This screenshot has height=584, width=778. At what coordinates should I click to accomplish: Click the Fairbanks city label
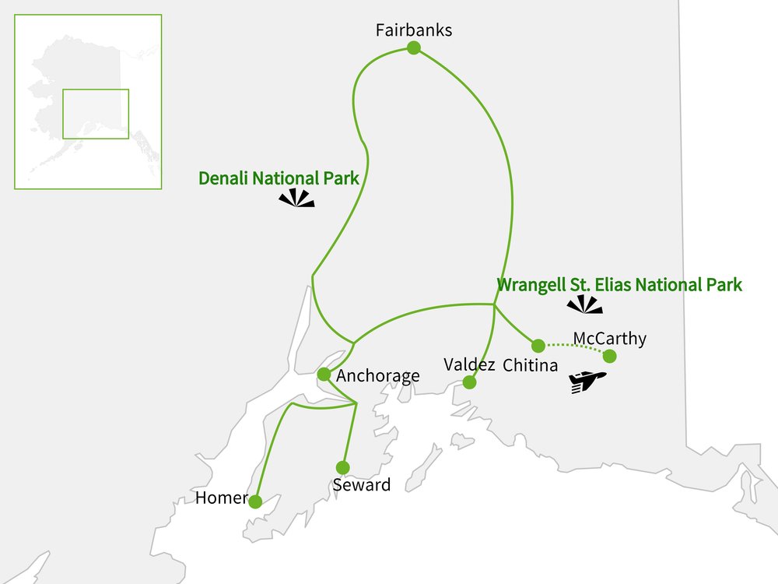[x=413, y=31]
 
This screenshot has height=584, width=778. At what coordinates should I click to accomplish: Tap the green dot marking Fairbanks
[x=414, y=48]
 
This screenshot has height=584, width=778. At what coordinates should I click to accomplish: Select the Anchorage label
[x=378, y=376]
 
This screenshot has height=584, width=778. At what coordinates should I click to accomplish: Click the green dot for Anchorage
[x=324, y=375]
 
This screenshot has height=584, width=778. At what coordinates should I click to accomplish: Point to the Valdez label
[x=469, y=364]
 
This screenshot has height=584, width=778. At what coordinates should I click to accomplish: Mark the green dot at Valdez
[x=469, y=382]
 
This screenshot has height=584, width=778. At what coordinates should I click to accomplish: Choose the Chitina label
[x=531, y=364]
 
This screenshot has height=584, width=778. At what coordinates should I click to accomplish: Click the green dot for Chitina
[x=538, y=345]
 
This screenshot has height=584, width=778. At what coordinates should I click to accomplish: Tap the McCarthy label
[x=609, y=339]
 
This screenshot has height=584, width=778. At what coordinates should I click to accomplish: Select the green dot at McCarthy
[x=610, y=357]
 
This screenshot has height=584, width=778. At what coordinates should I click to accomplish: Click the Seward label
[x=361, y=485]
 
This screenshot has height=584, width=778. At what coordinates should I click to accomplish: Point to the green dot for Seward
[x=342, y=467]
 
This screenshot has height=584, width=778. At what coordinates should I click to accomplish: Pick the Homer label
[x=222, y=498]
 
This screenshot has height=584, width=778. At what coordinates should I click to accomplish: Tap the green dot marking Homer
[x=255, y=501]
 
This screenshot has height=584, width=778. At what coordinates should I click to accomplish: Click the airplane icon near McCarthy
[x=587, y=382]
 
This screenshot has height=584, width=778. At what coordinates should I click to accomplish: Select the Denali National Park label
[x=279, y=178]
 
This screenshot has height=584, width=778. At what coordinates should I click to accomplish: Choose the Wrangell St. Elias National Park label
[x=619, y=285]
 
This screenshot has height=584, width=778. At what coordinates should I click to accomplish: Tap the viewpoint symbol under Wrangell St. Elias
[x=585, y=305]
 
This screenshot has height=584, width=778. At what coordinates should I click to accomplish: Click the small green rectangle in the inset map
[x=96, y=114]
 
